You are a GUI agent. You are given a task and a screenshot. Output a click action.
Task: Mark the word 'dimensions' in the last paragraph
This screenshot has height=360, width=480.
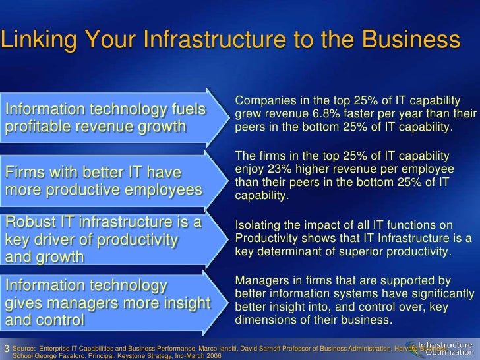pyautogui.click(x=262, y=321)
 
